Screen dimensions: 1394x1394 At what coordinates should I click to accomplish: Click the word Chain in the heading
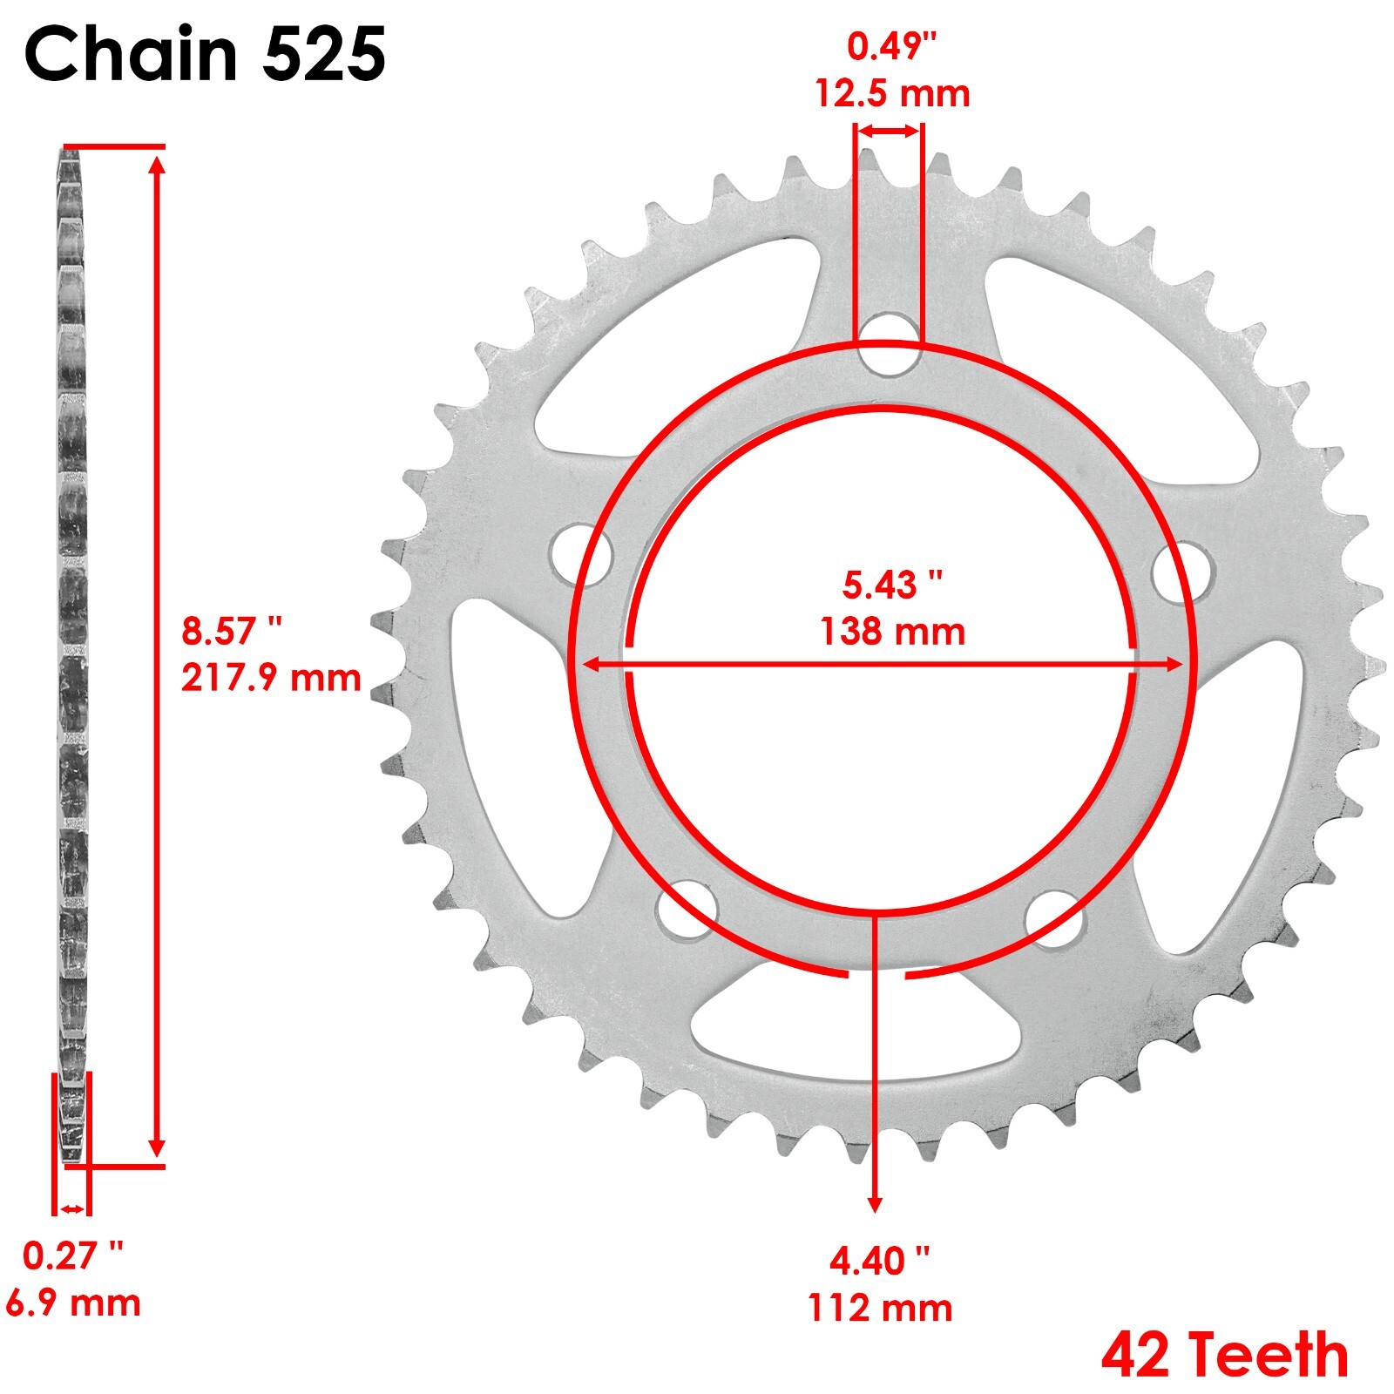click(131, 54)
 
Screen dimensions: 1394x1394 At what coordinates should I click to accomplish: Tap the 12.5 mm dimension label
click(892, 93)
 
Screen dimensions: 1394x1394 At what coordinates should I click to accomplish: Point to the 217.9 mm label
click(270, 677)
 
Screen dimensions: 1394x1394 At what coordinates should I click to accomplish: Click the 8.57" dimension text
click(232, 631)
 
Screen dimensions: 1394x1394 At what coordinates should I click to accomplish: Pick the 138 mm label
click(892, 631)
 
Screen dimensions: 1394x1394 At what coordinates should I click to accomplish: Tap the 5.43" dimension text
click(892, 585)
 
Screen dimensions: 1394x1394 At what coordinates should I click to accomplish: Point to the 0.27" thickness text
click(73, 1255)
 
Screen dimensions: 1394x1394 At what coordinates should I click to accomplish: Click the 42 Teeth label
click(1224, 1356)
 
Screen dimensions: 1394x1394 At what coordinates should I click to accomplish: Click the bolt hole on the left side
click(583, 554)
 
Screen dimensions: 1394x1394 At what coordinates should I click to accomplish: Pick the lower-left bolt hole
click(687, 909)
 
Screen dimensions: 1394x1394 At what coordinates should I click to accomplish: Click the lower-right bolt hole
click(1055, 918)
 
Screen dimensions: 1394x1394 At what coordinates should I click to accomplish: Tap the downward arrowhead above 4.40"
click(876, 1203)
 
